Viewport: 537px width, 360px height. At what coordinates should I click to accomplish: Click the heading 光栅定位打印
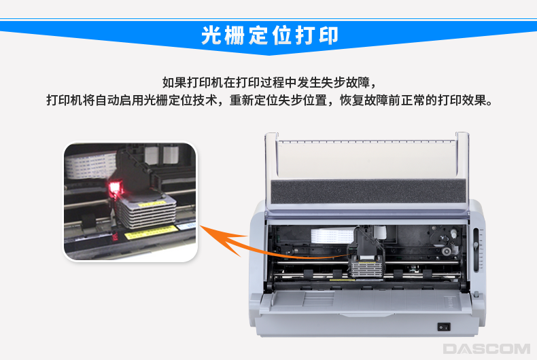pyautogui.click(x=270, y=35)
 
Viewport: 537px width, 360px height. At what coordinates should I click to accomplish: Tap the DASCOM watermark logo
pyautogui.click(x=486, y=348)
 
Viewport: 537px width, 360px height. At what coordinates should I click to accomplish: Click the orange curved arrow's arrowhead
pyautogui.click(x=219, y=238)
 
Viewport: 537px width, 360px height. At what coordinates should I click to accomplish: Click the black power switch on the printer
pyautogui.click(x=443, y=327)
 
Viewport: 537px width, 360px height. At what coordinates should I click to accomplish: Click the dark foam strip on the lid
pyautogui.click(x=368, y=191)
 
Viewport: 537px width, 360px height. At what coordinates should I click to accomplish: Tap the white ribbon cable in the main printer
pyautogui.click(x=332, y=236)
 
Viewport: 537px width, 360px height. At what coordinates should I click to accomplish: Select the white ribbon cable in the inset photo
pyautogui.click(x=90, y=166)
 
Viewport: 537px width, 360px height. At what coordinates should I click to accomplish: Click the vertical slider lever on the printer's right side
pyautogui.click(x=476, y=249)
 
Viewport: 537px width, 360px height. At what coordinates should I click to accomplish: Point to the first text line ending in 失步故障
pyautogui.click(x=270, y=82)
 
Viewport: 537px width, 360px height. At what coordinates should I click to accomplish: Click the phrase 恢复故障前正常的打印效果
pyautogui.click(x=417, y=101)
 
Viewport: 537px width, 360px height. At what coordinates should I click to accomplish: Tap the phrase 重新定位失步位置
pyautogui.click(x=278, y=101)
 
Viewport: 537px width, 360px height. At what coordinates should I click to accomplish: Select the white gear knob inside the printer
pyautogui.click(x=453, y=234)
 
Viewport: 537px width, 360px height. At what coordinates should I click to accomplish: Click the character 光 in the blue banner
pyautogui.click(x=211, y=35)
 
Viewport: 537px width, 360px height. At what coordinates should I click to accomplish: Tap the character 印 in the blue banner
pyautogui.click(x=328, y=35)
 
